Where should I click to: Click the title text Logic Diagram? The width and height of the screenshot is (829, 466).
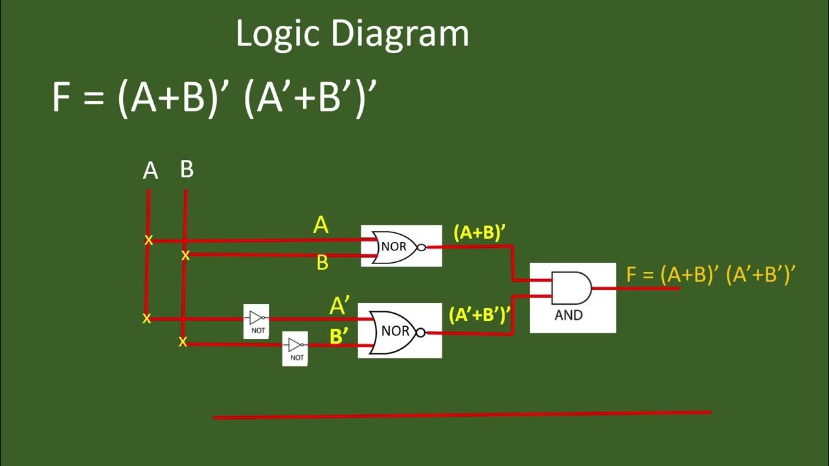tap(352, 34)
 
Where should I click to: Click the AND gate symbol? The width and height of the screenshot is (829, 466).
tap(571, 289)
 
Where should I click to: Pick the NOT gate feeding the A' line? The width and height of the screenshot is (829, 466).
tap(256, 318)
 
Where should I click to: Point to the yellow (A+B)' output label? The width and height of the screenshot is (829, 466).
tap(479, 232)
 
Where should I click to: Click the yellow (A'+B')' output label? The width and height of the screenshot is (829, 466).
tap(479, 315)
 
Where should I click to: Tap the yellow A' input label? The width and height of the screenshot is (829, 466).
tap(339, 305)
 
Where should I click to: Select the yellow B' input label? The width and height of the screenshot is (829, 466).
tap(339, 337)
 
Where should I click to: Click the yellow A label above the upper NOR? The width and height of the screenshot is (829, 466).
tap(321, 225)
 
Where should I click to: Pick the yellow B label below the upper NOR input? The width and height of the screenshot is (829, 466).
tap(322, 263)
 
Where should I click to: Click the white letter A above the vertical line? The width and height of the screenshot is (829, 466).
tap(150, 171)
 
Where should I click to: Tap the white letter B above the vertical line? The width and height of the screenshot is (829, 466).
tap(187, 170)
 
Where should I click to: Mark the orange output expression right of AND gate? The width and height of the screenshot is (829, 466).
tap(710, 274)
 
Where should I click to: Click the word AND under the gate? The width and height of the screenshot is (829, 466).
tap(569, 315)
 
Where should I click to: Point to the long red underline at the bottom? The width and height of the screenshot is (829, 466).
tap(462, 414)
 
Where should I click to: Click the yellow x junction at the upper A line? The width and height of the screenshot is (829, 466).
tap(148, 240)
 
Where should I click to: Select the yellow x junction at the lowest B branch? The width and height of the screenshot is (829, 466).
tap(183, 342)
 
